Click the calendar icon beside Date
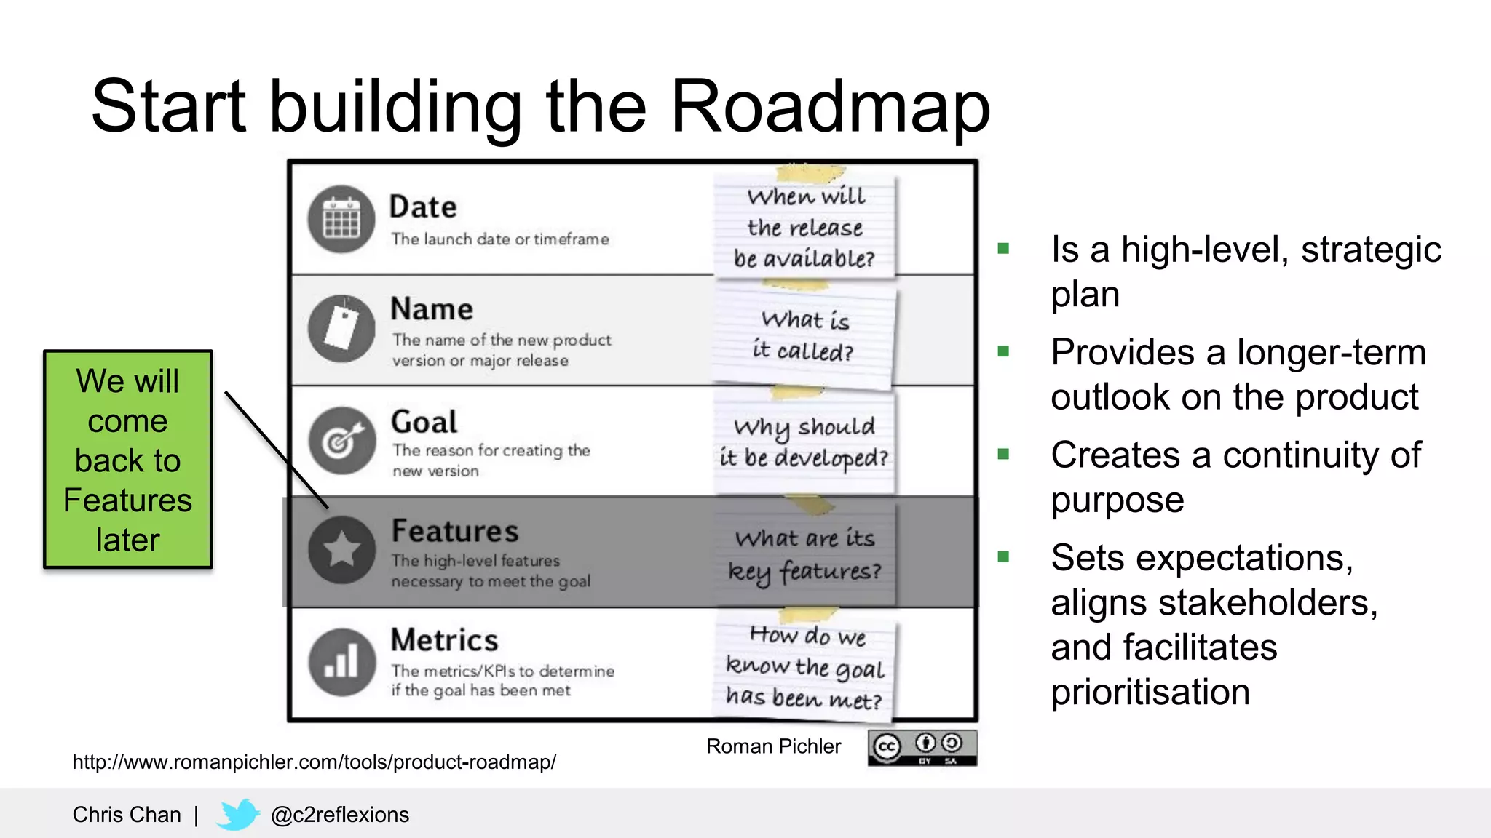pos(341,219)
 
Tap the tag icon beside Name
pos(341,329)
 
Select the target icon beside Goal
pos(341,440)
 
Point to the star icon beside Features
pos(341,550)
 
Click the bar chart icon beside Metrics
pos(341,662)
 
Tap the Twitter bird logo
pos(237,815)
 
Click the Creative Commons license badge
pos(922,748)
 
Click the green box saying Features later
pos(128,459)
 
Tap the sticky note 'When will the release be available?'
pos(805,227)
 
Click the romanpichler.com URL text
pos(314,762)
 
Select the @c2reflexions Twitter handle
pos(339,815)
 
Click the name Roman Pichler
pos(773,746)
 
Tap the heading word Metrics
pos(444,641)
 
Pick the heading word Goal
pos(424,422)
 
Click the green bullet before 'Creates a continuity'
pos(1003,455)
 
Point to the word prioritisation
pos(1150,692)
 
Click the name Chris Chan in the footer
pos(127,815)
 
